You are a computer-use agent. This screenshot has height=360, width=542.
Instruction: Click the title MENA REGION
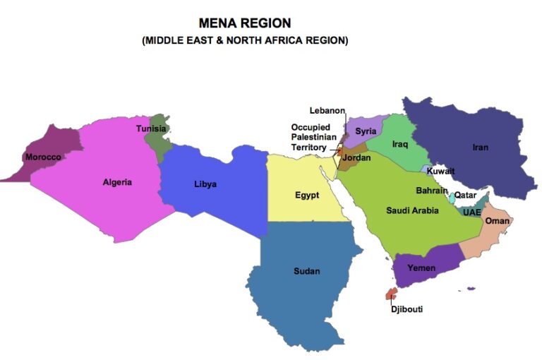coord(244,23)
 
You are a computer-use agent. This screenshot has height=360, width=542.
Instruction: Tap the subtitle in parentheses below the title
coord(245,40)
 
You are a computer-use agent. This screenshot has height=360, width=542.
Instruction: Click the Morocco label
coord(43,157)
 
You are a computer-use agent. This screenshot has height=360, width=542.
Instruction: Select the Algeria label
coord(117,182)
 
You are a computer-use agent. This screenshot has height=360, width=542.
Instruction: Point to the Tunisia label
coord(151,128)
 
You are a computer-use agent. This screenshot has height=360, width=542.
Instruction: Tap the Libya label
coord(205,184)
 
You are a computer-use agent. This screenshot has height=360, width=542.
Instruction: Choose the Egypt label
coord(307,195)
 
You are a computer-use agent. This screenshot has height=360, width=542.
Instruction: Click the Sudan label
coord(306,271)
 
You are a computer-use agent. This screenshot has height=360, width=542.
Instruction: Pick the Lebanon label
coord(327,111)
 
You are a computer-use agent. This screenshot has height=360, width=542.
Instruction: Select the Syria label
coord(366,131)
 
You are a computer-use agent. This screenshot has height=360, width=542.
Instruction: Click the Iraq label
coord(400,144)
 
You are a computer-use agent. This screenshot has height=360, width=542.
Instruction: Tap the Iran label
coord(480,148)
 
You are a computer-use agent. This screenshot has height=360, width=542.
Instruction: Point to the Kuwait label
coord(440,172)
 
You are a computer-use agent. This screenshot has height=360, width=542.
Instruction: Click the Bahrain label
coord(431,191)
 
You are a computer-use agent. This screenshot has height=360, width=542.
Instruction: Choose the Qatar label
coord(465,195)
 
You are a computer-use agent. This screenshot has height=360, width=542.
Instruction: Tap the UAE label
coord(471,212)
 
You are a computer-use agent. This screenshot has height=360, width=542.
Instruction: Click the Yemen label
coord(421,268)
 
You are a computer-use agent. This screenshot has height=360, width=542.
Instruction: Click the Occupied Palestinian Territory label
coord(311,137)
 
